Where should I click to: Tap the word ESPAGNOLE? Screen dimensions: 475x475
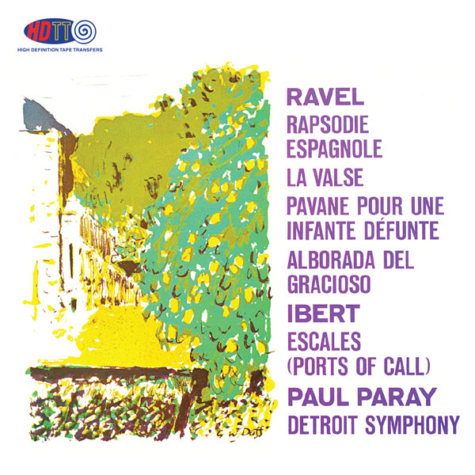tap(335, 149)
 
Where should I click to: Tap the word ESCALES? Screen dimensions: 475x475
tap(325, 340)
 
